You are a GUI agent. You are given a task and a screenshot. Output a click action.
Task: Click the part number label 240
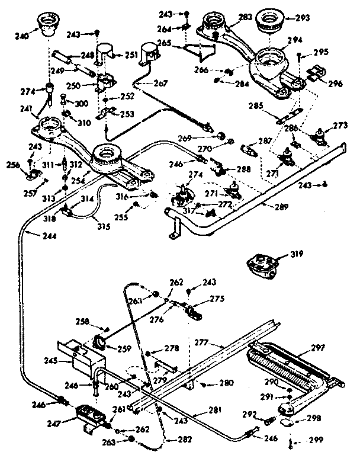[21, 35]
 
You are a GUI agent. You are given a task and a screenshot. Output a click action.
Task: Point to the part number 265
[163, 43]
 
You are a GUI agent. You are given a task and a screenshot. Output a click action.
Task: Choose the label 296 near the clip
[335, 84]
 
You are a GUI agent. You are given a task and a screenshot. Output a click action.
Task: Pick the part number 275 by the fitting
[217, 299]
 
